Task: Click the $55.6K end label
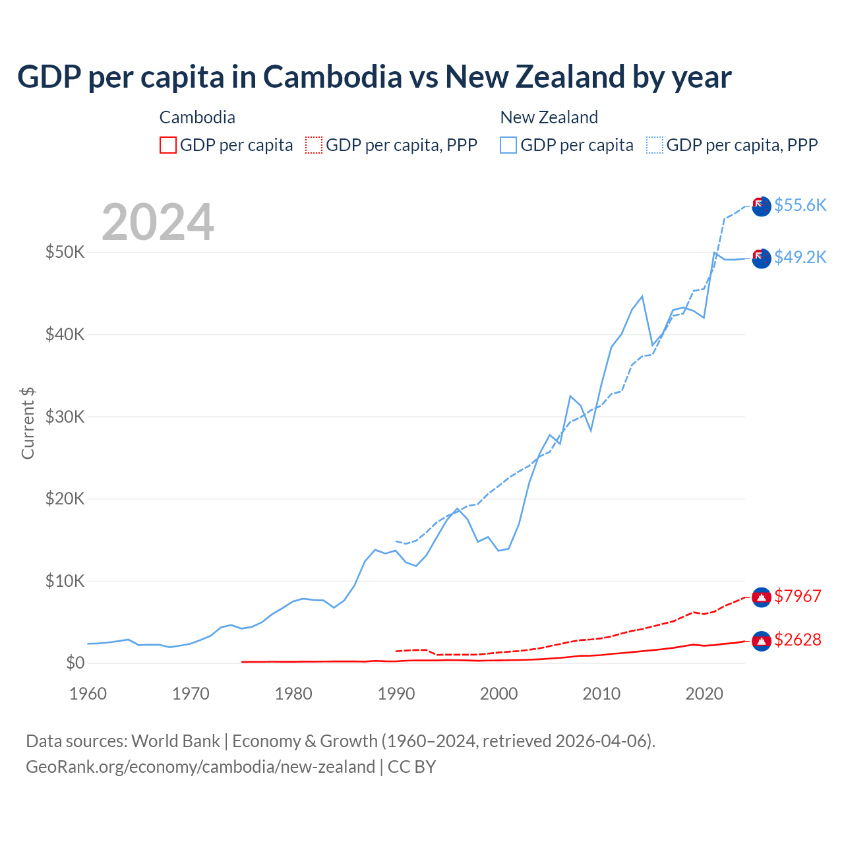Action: (800, 205)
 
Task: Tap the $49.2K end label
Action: (800, 257)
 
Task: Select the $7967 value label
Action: (797, 596)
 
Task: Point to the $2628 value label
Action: (797, 640)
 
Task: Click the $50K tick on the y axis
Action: (65, 252)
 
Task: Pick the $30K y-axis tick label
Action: (65, 417)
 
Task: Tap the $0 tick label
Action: (75, 663)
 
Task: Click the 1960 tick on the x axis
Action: (88, 694)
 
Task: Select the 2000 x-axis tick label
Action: (499, 694)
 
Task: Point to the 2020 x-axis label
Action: (704, 694)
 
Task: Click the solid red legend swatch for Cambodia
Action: (168, 145)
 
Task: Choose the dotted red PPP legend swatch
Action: (314, 145)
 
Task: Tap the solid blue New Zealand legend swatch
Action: (508, 145)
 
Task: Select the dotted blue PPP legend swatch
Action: (655, 145)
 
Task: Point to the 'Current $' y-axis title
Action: (28, 423)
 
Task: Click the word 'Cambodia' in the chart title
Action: (332, 77)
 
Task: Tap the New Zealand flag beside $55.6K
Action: (761, 206)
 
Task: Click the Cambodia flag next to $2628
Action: (762, 640)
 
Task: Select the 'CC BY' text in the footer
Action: (411, 767)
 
